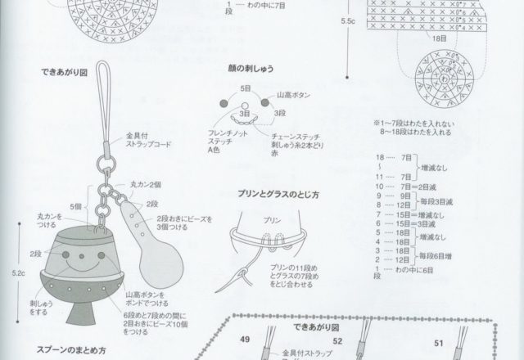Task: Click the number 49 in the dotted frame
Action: click(x=244, y=339)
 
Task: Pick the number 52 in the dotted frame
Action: click(x=337, y=340)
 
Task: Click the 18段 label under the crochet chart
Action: click(x=439, y=38)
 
